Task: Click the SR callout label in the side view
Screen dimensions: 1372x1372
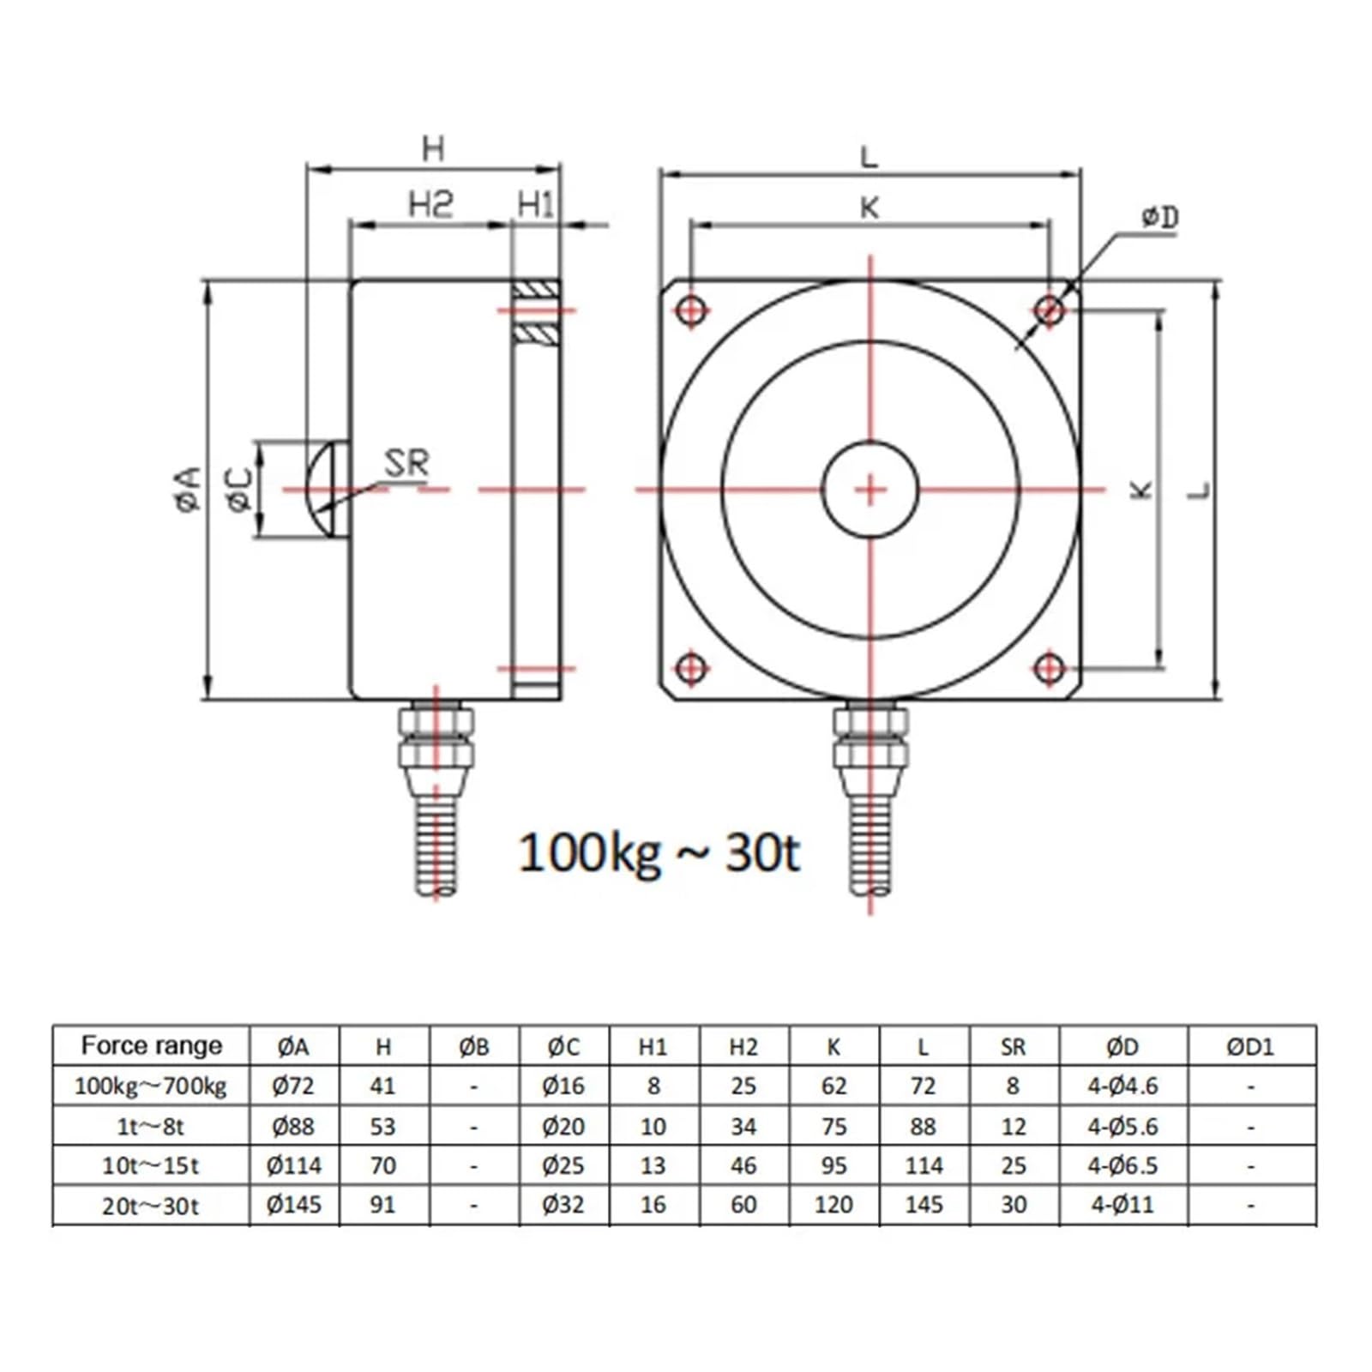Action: tap(406, 464)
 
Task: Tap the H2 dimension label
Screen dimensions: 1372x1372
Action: tap(430, 204)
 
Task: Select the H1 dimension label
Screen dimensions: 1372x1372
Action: tap(536, 205)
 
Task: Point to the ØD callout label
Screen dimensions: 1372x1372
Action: tap(1159, 218)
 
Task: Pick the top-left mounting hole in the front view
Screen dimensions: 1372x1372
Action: tap(691, 310)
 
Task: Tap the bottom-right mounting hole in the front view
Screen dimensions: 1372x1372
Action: tap(1050, 668)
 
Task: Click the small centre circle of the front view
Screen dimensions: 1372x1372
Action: tap(870, 490)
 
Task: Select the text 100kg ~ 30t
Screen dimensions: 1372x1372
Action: tap(659, 853)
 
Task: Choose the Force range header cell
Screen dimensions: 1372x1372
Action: tap(151, 1045)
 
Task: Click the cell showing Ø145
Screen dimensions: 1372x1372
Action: tap(294, 1205)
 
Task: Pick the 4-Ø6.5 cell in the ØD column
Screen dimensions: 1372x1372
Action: tap(1122, 1165)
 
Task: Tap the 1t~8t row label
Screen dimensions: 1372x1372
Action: tap(151, 1126)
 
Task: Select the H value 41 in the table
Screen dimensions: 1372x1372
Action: tap(382, 1086)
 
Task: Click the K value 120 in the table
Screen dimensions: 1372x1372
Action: tap(833, 1205)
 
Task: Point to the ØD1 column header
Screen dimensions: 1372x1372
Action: tap(1250, 1046)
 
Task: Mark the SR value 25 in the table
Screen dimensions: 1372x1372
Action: tap(1013, 1165)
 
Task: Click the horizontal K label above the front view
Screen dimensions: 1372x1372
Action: tap(870, 208)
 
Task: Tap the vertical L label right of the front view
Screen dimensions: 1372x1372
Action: tap(1200, 490)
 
